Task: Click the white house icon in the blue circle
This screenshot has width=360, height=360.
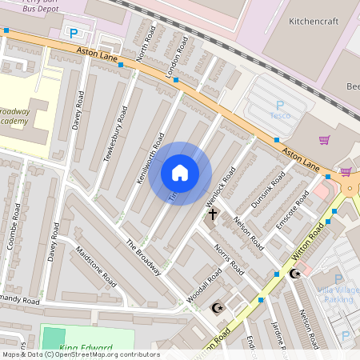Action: pyautogui.click(x=180, y=173)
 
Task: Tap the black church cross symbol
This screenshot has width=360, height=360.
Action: pyautogui.click(x=213, y=214)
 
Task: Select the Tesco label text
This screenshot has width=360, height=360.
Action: pyautogui.click(x=279, y=115)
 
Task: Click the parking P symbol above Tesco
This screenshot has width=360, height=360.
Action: pyautogui.click(x=279, y=105)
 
